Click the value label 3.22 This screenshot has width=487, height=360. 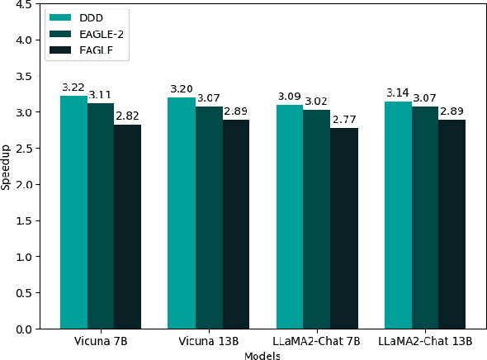pos(73,88)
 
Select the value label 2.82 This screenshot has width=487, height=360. pos(127,116)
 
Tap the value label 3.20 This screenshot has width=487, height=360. pos(182,89)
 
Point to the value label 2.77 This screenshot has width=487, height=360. pos(343,120)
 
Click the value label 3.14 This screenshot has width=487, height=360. pos(397,93)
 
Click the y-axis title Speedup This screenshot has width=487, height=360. pos(7,168)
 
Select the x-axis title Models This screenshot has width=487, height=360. pos(262,356)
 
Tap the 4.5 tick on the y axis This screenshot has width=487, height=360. pos(22,4)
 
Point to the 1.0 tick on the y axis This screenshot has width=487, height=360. pos(22,257)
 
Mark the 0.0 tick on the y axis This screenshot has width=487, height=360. pos(22,329)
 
